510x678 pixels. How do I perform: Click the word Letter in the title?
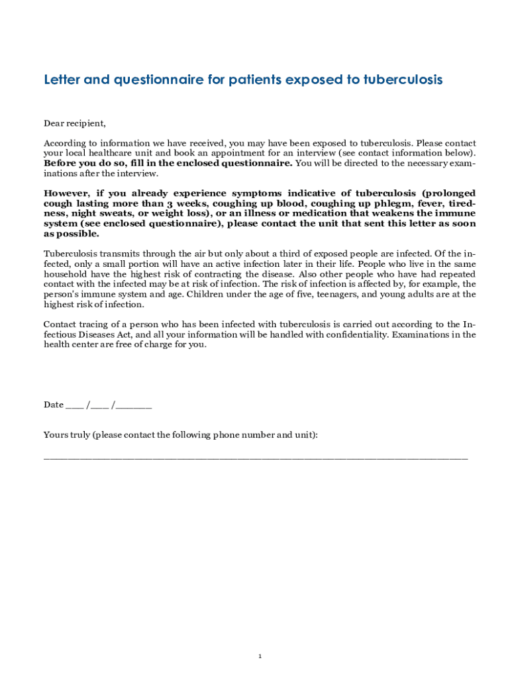62,80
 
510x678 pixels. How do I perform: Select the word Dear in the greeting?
54,123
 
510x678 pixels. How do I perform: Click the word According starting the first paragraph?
64,143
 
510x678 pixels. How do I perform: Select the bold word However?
68,193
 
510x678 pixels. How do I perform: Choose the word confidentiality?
361,334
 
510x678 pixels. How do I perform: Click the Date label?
54,405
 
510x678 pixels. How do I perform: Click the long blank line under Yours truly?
255,457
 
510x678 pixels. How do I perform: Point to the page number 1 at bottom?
260,656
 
